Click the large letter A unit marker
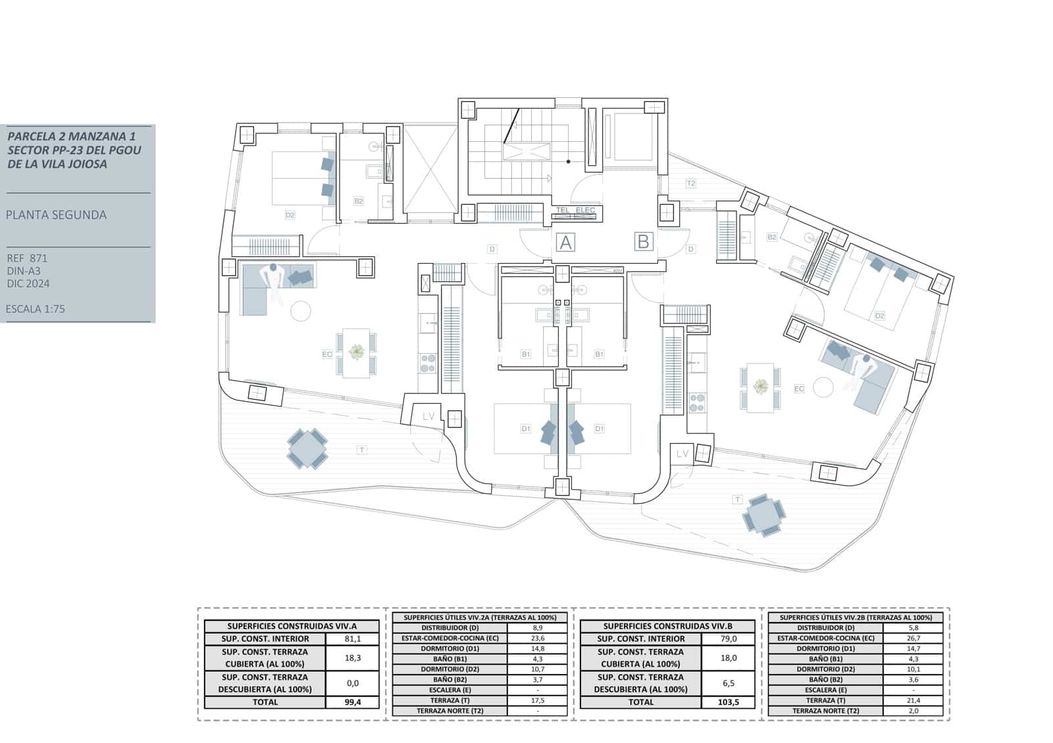[x=565, y=243]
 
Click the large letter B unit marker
[x=643, y=241]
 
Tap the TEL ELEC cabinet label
[x=575, y=210]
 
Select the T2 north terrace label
[x=690, y=183]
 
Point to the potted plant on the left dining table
[x=357, y=353]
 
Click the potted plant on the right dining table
[x=761, y=387]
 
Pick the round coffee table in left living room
[x=301, y=310]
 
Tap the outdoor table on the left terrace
[x=307, y=448]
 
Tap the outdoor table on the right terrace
[x=763, y=515]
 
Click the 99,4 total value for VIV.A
[x=353, y=702]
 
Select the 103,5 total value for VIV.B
[x=729, y=702]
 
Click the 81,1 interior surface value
[x=353, y=638]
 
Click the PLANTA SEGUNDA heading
[x=56, y=215]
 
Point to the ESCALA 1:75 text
[x=36, y=309]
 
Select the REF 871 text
[x=27, y=258]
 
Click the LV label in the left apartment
[x=428, y=416]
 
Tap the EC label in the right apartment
[x=799, y=389]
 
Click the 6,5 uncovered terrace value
[x=729, y=683]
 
